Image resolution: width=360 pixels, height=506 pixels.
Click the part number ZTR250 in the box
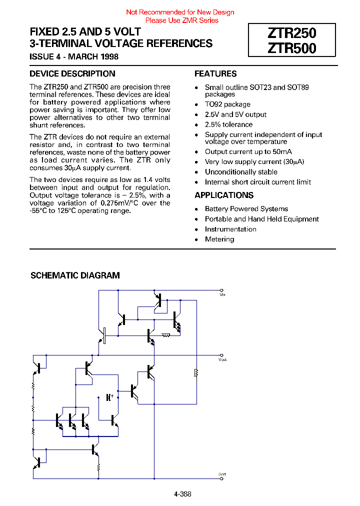tap(292, 33)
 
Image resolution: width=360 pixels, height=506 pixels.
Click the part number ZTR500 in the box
tap(292, 48)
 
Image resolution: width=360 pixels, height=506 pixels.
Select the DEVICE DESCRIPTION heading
tap(72, 74)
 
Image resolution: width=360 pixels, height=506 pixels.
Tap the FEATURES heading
tap(215, 74)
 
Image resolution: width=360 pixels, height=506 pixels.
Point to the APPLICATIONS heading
tap(224, 195)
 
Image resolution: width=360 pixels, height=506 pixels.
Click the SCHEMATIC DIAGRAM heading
tap(75, 275)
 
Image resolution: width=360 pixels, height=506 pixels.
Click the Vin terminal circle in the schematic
tap(221, 290)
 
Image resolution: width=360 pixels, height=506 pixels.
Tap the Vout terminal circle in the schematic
tap(221, 355)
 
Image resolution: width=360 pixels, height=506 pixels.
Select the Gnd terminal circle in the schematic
tap(221, 478)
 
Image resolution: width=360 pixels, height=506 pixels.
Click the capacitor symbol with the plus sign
tap(108, 397)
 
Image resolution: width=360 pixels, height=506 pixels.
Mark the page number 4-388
tap(182, 494)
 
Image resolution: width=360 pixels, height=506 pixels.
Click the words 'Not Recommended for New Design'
tap(180, 12)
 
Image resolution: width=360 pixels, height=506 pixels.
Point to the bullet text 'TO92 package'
tap(227, 104)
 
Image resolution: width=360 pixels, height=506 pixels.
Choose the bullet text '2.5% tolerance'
tap(228, 124)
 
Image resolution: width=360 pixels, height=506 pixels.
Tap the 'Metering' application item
tap(219, 239)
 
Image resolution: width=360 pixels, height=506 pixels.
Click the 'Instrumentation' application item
tap(230, 229)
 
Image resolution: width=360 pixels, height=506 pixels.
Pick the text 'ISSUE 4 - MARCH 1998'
tap(74, 56)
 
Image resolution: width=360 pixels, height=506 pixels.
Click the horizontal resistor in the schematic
tap(166, 335)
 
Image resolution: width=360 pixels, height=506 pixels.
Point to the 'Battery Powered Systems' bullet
tap(246, 209)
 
